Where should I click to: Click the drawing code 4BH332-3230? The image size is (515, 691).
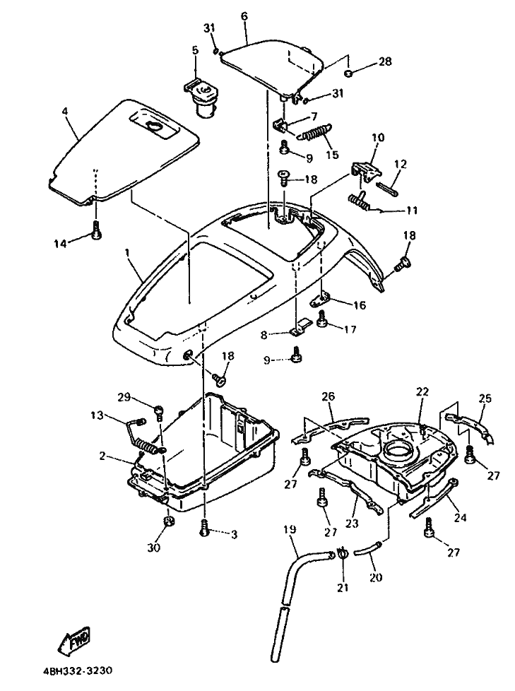(x=78, y=672)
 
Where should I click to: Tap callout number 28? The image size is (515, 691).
(x=384, y=61)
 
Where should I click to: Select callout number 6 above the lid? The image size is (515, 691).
(x=244, y=17)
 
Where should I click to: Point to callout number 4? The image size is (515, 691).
(x=65, y=111)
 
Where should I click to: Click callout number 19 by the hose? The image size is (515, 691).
(x=290, y=529)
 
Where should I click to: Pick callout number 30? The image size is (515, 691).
(x=154, y=548)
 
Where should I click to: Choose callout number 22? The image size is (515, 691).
(x=422, y=391)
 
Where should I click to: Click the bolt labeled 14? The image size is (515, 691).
(x=97, y=230)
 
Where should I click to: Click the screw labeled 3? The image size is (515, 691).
(x=205, y=528)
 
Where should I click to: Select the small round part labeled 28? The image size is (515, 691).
(x=348, y=73)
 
